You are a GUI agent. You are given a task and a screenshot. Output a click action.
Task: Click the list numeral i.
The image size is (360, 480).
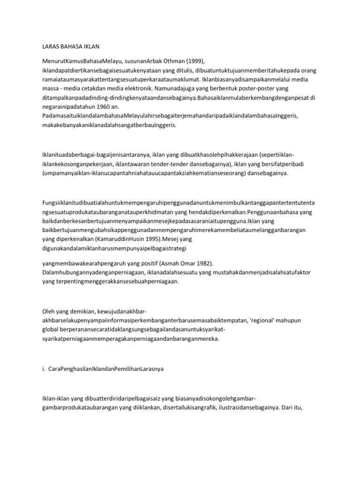coord(43,369)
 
